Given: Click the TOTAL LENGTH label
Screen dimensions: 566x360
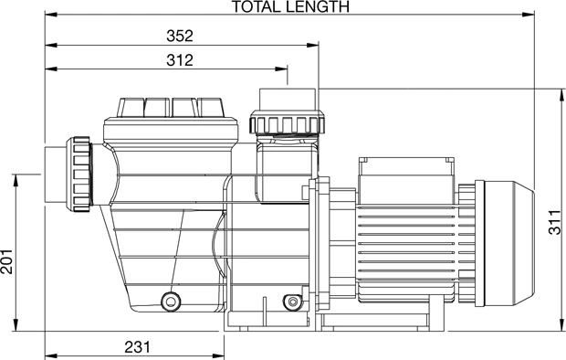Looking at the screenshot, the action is click(x=290, y=6).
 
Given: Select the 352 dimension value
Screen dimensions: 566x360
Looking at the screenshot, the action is click(x=180, y=36).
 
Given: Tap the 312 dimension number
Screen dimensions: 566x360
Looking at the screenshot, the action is click(x=180, y=60).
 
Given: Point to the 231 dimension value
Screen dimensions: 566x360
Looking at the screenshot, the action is click(x=138, y=347).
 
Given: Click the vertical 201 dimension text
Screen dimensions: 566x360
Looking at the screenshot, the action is click(x=6, y=261).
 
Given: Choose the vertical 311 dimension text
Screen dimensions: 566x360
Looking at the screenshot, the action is click(x=555, y=223).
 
